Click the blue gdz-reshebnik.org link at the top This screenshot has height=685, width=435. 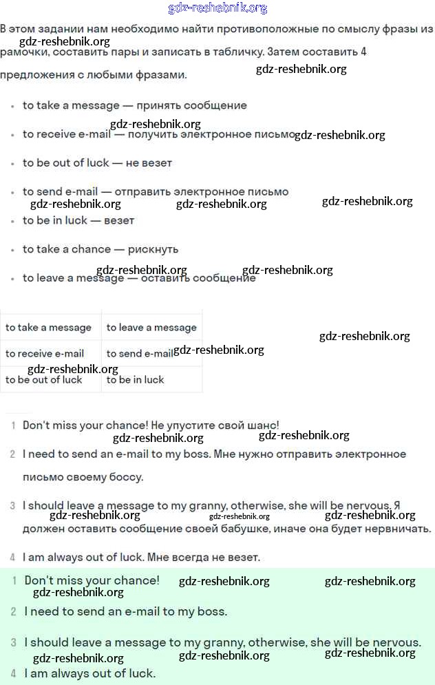[x=217, y=8]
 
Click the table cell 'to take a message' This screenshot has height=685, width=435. [x=48, y=328]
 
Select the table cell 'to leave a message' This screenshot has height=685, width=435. [x=151, y=328]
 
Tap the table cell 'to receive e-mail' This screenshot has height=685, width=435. [x=45, y=354]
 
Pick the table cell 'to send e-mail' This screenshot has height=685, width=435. [x=140, y=354]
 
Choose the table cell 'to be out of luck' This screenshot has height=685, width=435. [x=44, y=380]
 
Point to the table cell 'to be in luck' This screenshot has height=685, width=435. [x=136, y=380]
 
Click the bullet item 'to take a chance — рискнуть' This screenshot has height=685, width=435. [x=100, y=249]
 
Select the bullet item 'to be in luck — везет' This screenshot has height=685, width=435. [x=78, y=220]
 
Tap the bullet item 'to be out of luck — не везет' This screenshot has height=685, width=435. [x=97, y=163]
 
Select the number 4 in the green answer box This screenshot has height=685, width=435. [x=13, y=673]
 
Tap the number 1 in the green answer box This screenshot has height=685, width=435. [x=14, y=581]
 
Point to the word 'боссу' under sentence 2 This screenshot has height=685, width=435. [x=125, y=477]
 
